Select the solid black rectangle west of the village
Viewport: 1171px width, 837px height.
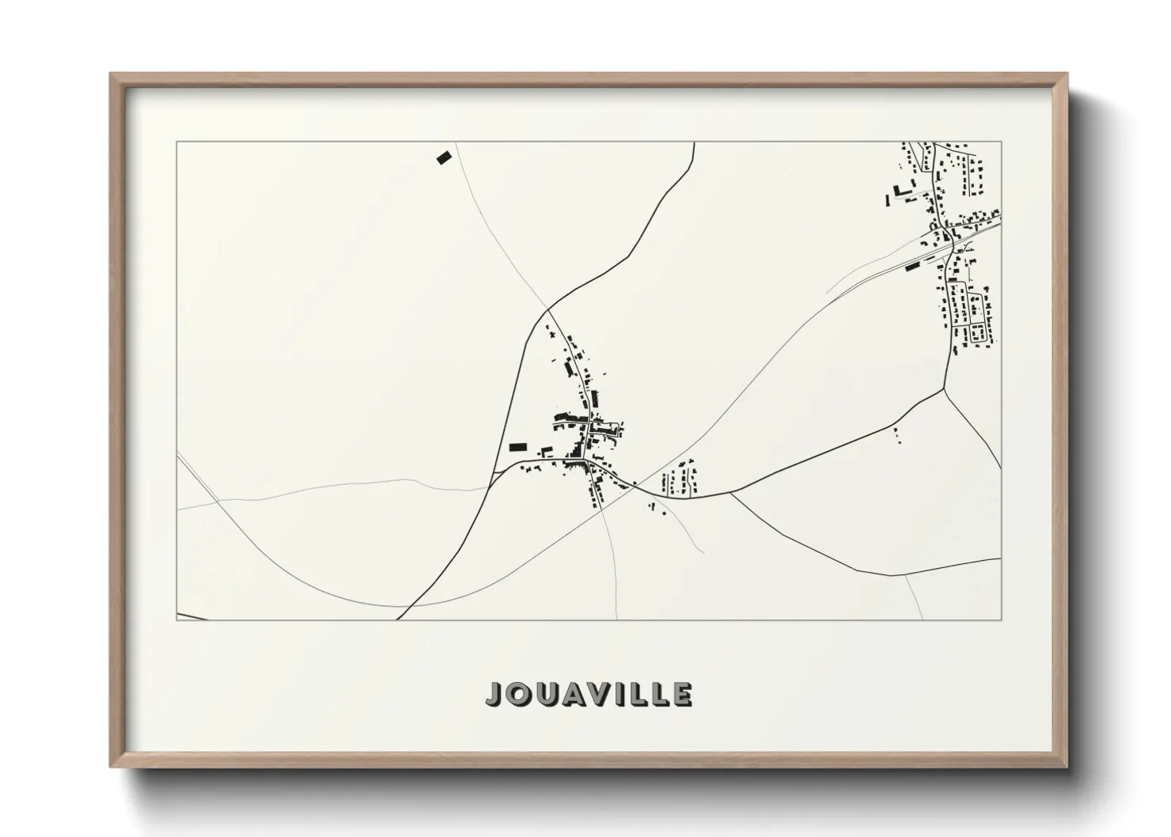click(x=517, y=447)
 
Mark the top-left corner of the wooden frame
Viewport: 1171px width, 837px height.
click(x=111, y=74)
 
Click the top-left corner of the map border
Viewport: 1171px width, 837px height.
click(x=176, y=142)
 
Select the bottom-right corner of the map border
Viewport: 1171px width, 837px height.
click(x=1001, y=619)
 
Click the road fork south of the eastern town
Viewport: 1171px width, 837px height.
click(x=944, y=388)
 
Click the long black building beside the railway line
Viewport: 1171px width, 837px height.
click(x=915, y=265)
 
